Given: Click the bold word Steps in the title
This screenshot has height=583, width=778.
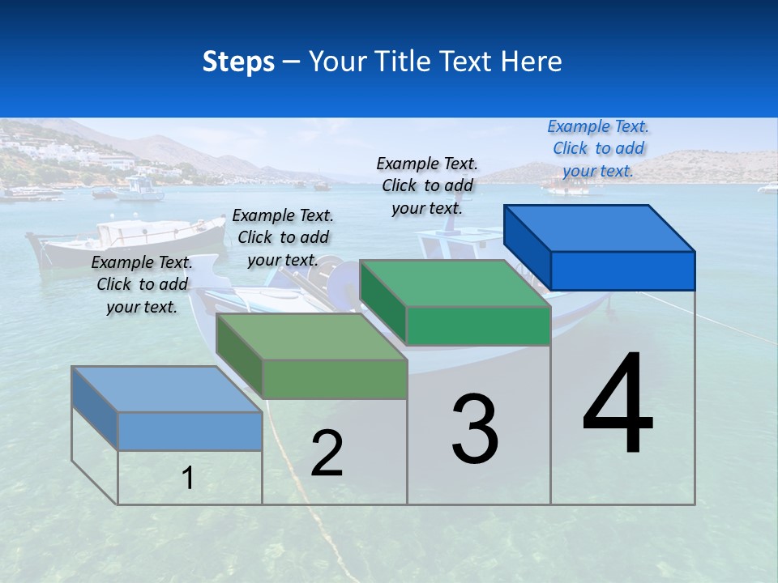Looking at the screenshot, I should coord(238,62).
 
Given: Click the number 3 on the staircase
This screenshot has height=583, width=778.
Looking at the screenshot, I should coord(475,428).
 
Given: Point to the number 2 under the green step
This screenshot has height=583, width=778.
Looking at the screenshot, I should coord(327,453).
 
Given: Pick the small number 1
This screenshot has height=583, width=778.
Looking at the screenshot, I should coord(187,479).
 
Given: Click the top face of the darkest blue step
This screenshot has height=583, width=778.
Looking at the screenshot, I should coord(600,228).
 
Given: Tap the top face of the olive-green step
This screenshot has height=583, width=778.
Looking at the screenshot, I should coord(311,336).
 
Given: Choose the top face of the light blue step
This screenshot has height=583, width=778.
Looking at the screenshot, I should coord(166,389).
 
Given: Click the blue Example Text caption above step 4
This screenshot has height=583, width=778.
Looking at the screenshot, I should coord(598,148).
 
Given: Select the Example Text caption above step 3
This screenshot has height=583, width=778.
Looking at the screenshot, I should coord(427,185).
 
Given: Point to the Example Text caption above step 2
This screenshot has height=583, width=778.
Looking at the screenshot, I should coord(283,237).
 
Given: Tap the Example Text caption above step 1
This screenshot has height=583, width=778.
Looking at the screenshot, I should coord(142,284).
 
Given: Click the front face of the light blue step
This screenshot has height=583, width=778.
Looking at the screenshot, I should coord(190,431).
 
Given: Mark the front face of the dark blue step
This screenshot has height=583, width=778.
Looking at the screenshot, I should coord(622,270).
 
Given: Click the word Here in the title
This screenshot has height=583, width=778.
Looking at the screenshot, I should coord(532,62).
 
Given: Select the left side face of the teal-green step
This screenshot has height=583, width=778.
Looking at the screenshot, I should coord(383,302).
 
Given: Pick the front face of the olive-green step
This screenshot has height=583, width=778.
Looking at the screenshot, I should coord(334,379).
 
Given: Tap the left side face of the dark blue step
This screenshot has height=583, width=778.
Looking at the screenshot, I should coord(527,247).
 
